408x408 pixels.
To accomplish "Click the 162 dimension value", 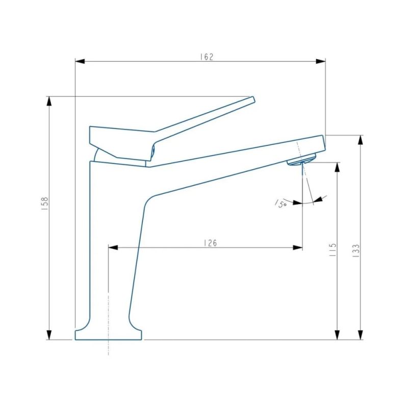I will [x=207, y=56].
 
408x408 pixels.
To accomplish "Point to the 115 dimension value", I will [x=333, y=250].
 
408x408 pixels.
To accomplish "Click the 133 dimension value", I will [x=356, y=250].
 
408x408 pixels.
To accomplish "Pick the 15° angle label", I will [x=281, y=203].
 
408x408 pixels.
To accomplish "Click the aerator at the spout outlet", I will [x=301, y=160].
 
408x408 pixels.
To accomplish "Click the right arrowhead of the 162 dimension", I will [x=321, y=61].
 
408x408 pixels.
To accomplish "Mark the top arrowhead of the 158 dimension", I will [x=49, y=101].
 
